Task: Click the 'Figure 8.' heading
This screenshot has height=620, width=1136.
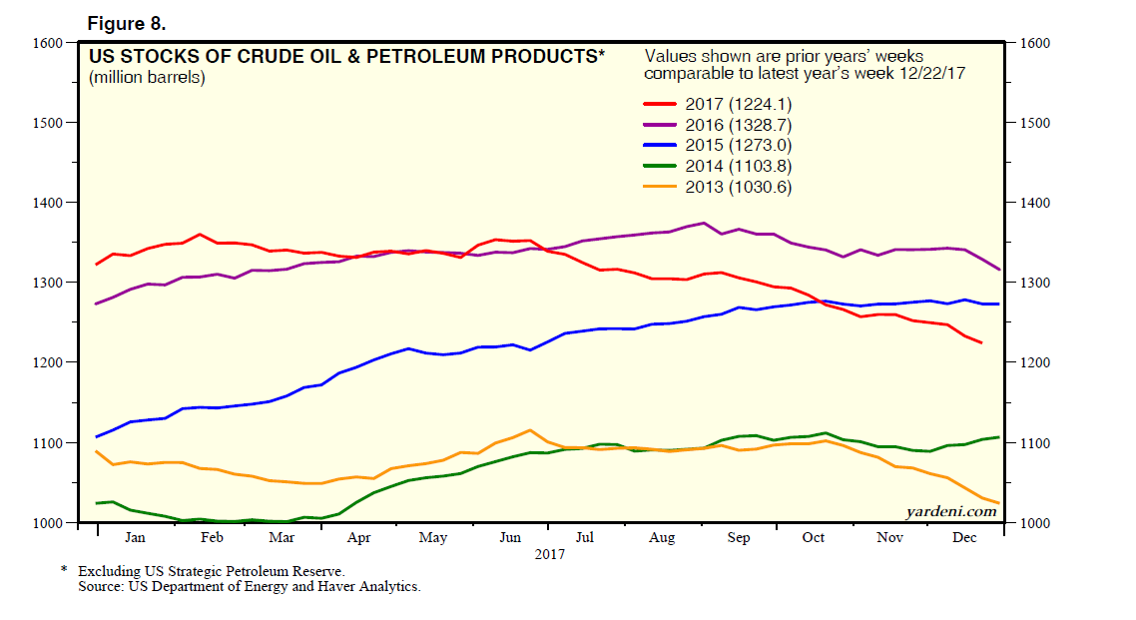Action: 127,22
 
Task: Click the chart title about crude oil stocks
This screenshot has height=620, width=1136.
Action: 346,57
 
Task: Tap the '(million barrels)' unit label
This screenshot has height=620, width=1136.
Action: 147,78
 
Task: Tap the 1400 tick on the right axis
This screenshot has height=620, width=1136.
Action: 1034,204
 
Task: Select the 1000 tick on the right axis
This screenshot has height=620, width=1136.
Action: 1034,523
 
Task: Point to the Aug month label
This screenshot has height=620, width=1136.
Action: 662,538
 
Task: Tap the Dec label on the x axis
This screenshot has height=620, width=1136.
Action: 965,538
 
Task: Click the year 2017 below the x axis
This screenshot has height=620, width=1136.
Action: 549,553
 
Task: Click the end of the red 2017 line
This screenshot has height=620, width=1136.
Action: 981,343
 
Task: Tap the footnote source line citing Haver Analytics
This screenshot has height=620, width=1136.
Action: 250,587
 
